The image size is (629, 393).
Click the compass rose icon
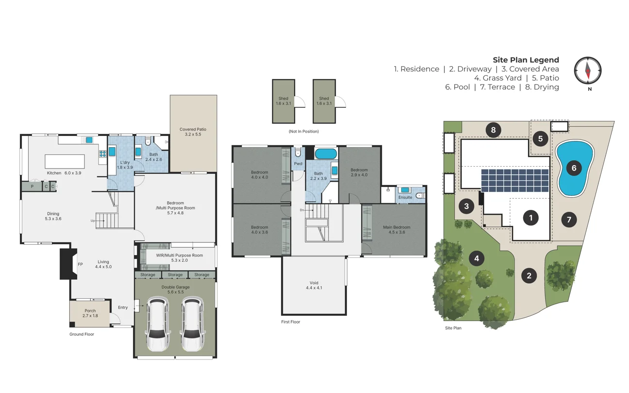pyautogui.click(x=588, y=70)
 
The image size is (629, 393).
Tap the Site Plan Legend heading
pyautogui.click(x=526, y=60)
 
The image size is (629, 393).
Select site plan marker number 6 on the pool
pyautogui.click(x=574, y=168)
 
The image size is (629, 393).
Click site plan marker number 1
pyautogui.click(x=530, y=218)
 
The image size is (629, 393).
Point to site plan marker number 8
pyautogui.click(x=493, y=130)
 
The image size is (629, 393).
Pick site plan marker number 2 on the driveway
pyautogui.click(x=529, y=276)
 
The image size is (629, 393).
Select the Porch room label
pyautogui.click(x=90, y=310)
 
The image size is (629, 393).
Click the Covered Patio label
pyautogui.click(x=193, y=130)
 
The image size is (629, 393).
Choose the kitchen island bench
pyautogui.click(x=65, y=161)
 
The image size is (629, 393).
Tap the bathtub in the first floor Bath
pyautogui.click(x=325, y=154)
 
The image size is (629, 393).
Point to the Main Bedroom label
pyautogui.click(x=397, y=227)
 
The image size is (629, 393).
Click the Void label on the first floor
pyautogui.click(x=314, y=283)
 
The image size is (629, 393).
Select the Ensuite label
pyautogui.click(x=405, y=197)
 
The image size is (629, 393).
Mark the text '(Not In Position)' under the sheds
pyautogui.click(x=303, y=132)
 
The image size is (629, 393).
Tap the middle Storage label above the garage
pyautogui.click(x=175, y=275)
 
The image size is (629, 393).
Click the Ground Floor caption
pyautogui.click(x=82, y=334)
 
